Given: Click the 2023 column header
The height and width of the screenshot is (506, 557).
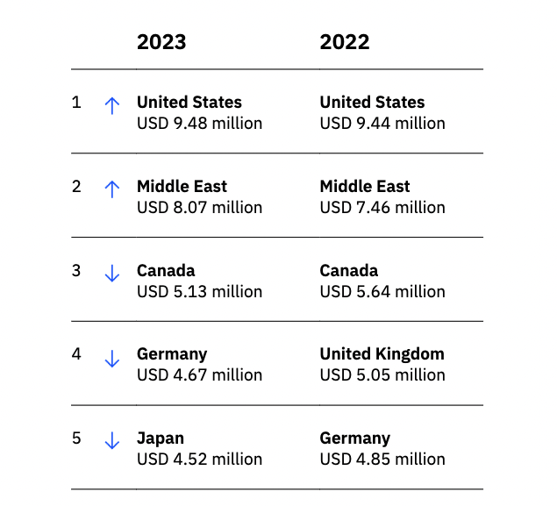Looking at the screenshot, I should pos(161,42).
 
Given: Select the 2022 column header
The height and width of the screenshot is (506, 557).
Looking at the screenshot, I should pos(345,42).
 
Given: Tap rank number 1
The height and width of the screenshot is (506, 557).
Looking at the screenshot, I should pos(76,103).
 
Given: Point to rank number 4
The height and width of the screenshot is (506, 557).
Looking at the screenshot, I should pos(76,355).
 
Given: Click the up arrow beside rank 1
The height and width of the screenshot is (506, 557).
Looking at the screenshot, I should pos(111,105).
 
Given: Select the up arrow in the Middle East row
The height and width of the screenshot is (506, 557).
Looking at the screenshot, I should pos(111,189).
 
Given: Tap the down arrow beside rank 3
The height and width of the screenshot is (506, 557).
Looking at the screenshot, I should pos(111,274).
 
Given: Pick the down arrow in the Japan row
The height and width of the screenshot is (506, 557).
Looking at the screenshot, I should pos(111,441).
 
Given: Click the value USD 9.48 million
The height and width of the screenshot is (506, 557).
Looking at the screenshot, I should pos(199,124).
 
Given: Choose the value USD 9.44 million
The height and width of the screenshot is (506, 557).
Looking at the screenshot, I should pos(382,124).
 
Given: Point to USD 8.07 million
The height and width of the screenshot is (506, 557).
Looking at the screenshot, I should pos(199,208).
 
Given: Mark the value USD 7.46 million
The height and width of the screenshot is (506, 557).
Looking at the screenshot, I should pos(382,208).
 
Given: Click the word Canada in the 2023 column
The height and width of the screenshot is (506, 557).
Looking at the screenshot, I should pos(166,270).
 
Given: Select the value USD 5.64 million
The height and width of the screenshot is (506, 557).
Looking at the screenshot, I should pos(382,291).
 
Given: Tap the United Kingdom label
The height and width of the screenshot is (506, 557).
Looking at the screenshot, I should pos(382,354).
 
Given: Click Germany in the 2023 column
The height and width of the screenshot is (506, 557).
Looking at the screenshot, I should pos(172,354).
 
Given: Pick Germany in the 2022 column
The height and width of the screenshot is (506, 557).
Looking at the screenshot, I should pos(355,438).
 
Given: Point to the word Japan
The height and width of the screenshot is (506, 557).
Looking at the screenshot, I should pos(161,438).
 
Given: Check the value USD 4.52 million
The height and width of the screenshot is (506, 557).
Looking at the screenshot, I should pos(199,460).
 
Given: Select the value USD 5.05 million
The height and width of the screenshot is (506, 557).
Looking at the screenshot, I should pos(382,375).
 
